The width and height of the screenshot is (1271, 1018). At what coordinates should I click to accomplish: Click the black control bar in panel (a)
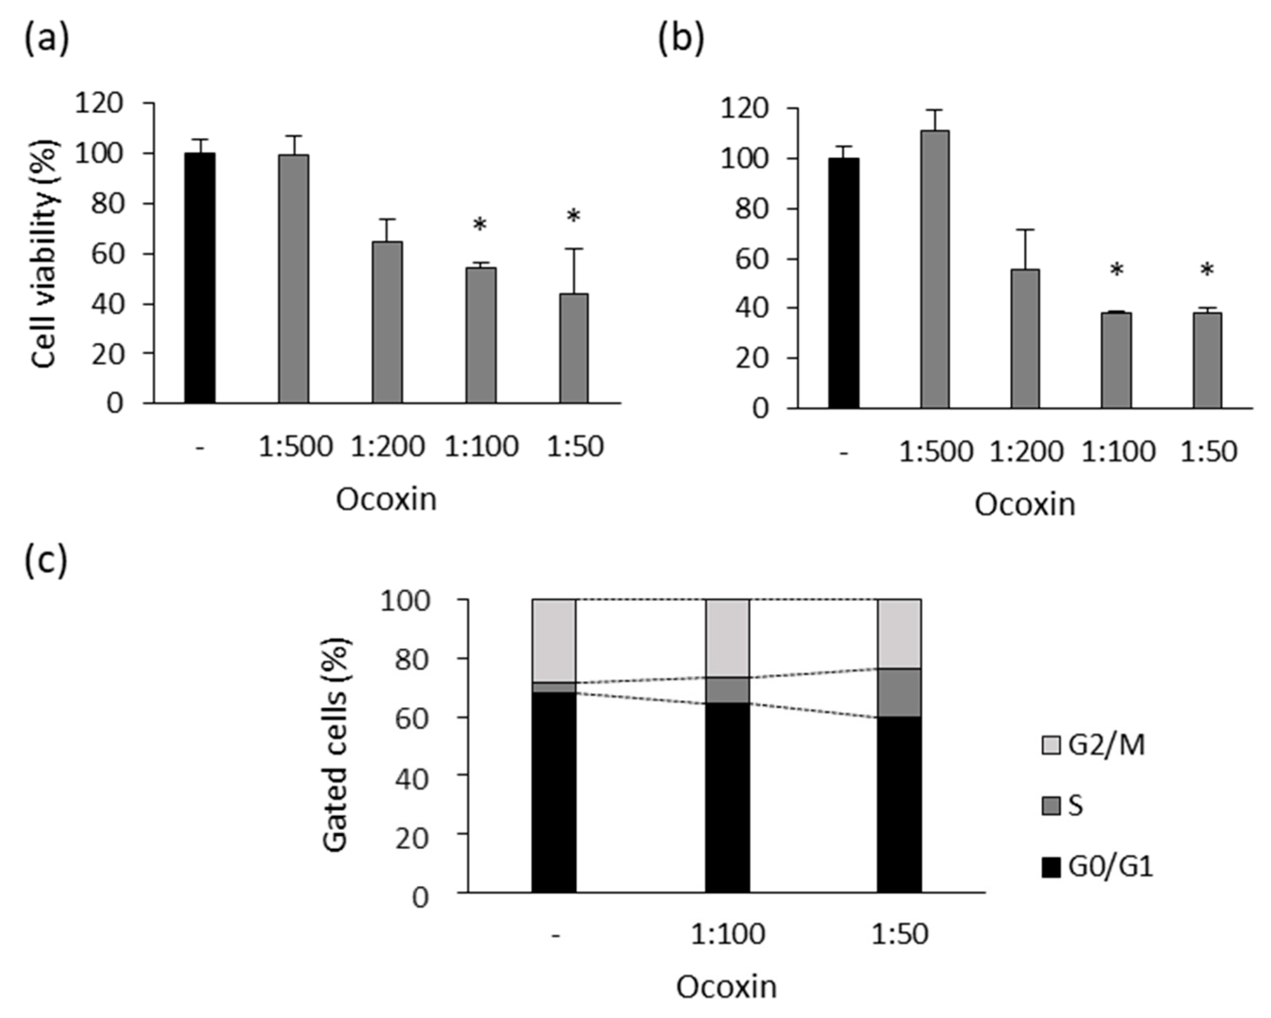point(200,278)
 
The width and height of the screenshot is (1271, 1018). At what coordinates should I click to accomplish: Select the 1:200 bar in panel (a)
point(388,322)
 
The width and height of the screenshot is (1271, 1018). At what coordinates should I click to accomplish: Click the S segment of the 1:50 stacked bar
point(899,693)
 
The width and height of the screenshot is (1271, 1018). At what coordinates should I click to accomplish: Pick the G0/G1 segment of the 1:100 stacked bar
point(727,797)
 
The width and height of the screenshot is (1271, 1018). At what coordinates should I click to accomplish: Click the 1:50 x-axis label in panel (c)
point(900,934)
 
